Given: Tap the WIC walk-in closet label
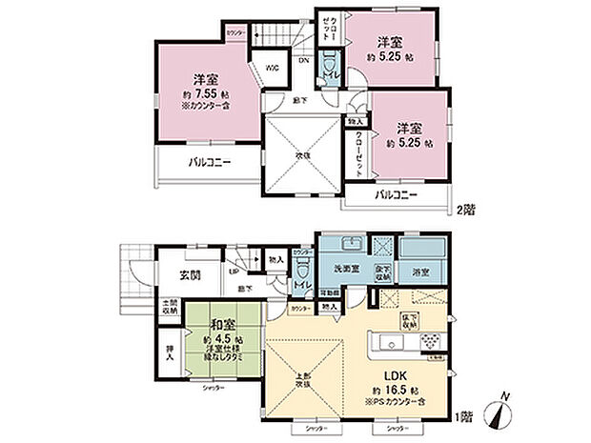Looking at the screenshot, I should pos(272,67).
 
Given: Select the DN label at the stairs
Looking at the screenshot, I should pos(303,61).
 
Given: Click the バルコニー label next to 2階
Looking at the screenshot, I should pos(395,194).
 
